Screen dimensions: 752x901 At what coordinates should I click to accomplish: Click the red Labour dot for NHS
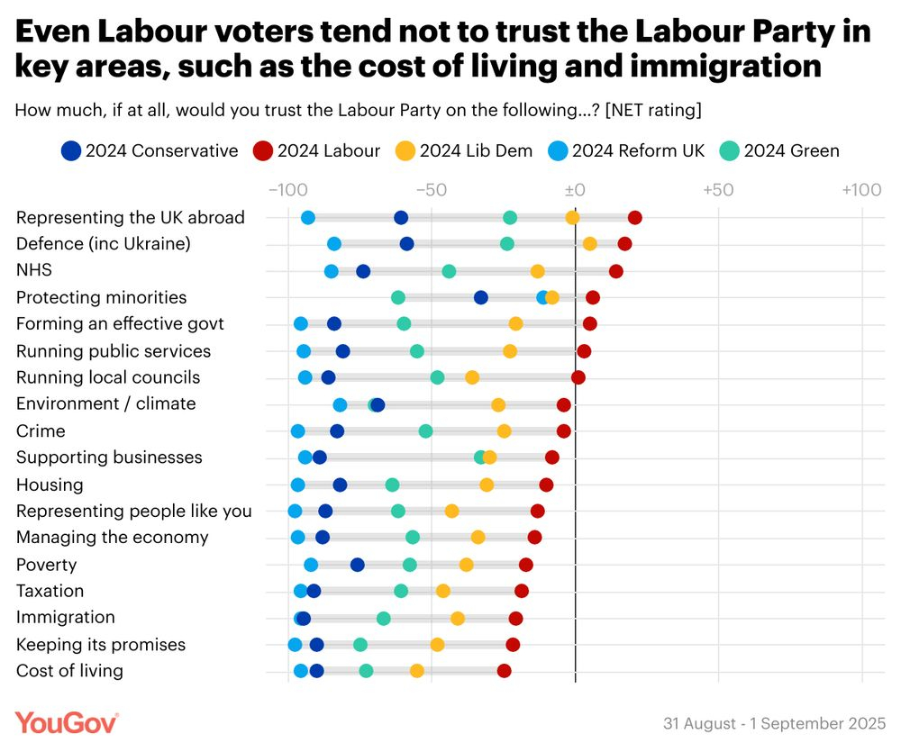click(616, 271)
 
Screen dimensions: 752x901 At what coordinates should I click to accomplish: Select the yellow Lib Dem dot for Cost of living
click(417, 671)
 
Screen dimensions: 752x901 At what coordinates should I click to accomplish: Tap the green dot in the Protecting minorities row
click(398, 298)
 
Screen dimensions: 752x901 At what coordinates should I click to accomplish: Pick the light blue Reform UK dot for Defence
click(334, 244)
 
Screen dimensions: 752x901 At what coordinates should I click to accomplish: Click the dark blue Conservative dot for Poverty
click(358, 565)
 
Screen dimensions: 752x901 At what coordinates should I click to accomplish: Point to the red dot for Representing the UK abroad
click(635, 217)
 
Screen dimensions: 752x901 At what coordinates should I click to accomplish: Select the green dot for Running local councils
click(438, 377)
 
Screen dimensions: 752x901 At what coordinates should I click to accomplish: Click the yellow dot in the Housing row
click(487, 485)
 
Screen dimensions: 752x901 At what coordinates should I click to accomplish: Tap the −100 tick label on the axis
click(287, 190)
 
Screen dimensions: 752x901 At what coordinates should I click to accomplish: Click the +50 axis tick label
click(718, 190)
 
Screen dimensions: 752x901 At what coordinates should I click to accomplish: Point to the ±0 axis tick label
click(575, 190)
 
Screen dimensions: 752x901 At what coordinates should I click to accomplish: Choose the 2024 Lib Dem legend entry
click(465, 150)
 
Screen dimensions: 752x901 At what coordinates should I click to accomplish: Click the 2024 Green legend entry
click(780, 150)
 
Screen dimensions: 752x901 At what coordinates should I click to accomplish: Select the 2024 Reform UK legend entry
click(627, 150)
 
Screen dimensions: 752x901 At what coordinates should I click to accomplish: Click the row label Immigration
click(66, 618)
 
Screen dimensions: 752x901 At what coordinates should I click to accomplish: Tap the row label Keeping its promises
click(101, 645)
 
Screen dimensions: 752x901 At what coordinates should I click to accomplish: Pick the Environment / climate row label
click(106, 403)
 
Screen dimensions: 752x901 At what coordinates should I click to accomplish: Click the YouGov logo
click(67, 722)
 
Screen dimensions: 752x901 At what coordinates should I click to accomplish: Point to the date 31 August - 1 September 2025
click(775, 724)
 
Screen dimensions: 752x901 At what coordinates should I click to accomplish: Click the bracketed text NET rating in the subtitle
click(654, 111)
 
